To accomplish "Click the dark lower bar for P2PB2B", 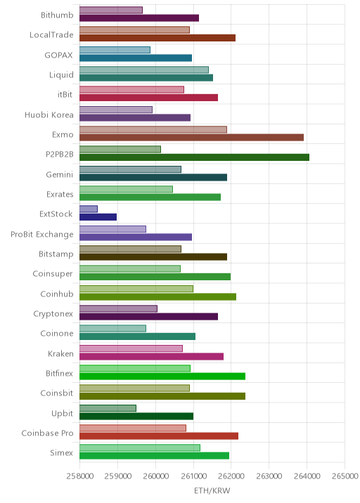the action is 194,157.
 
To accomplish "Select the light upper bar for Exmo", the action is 153,129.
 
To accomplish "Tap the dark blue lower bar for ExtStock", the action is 98,217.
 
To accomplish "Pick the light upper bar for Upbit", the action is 108,408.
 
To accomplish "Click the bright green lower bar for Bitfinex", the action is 162,377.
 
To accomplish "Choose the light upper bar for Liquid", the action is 144,70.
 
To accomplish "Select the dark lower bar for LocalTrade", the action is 157,38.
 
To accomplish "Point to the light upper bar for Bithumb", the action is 111,10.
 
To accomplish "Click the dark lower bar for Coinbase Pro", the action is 159,436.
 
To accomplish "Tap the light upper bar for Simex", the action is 140,448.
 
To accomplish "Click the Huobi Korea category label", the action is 49,115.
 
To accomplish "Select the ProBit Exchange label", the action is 42,234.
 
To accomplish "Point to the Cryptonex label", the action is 53,314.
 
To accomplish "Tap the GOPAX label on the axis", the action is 59,55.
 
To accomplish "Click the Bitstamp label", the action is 56,254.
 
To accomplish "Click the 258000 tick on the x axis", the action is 80,476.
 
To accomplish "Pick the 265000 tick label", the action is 345,476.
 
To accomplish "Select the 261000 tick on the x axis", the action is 193,476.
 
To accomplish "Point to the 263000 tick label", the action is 269,476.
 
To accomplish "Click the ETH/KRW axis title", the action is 212,491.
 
